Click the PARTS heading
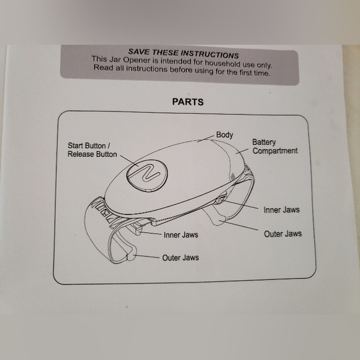click(188, 102)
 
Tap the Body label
click(225, 135)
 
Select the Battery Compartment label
click(274, 146)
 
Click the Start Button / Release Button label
click(92, 150)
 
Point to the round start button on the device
click(147, 175)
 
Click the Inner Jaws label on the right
click(281, 210)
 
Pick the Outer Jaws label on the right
click(282, 234)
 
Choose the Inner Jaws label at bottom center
click(181, 235)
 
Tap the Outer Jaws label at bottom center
click(181, 258)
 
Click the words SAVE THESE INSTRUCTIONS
click(183, 54)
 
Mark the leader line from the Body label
click(205, 139)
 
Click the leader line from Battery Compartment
click(242, 151)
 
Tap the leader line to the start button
click(129, 161)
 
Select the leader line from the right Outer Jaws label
click(238, 225)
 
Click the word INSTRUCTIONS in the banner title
click(210, 55)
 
